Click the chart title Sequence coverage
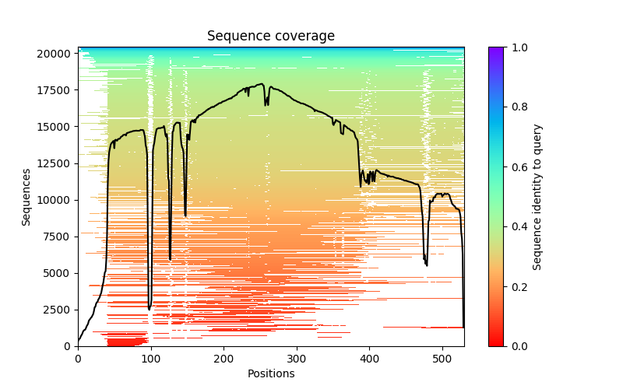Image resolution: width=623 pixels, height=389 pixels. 271,37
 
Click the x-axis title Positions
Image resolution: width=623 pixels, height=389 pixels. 271,373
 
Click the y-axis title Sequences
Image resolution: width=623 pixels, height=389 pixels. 26,196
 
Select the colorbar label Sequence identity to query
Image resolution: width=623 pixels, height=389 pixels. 537,196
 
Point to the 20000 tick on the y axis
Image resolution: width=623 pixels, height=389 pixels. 55,54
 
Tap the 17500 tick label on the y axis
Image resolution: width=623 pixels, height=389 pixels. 55,90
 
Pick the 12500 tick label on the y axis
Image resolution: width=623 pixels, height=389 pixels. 55,163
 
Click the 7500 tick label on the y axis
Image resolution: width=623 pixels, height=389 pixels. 58,237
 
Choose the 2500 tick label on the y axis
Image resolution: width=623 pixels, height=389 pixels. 58,310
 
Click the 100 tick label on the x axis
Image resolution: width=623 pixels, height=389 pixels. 151,358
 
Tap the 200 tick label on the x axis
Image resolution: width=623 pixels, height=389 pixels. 224,358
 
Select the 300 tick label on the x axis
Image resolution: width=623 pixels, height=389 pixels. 297,358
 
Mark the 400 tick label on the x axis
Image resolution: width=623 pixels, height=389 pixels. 370,358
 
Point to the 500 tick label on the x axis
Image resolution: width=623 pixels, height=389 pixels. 443,358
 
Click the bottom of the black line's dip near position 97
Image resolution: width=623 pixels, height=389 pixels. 150,310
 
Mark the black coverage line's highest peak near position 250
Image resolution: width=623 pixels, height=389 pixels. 262,84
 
